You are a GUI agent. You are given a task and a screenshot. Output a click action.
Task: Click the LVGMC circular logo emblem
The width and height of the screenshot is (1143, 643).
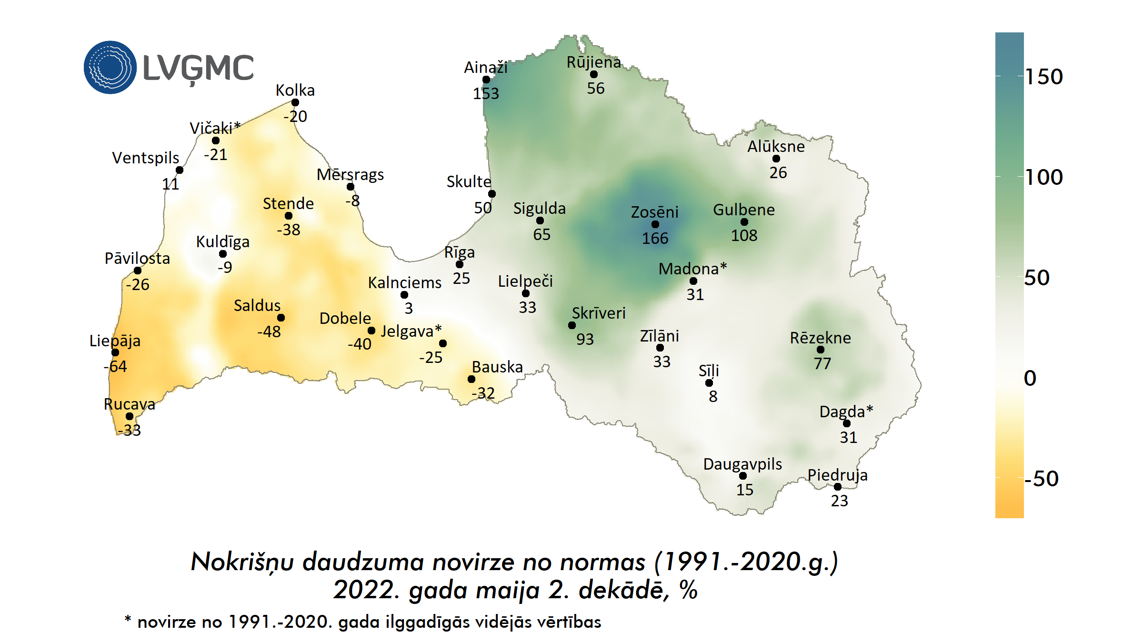pyautogui.click(x=110, y=67)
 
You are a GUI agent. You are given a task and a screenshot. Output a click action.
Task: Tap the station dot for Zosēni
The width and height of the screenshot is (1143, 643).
pyautogui.click(x=655, y=224)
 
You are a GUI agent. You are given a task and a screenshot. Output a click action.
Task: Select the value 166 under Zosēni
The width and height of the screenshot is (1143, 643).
pyautogui.click(x=655, y=238)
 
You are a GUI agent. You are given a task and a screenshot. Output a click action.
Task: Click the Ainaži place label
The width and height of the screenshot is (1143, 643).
pyautogui.click(x=486, y=68)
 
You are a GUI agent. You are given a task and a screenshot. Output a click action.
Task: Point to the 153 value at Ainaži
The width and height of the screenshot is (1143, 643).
pyautogui.click(x=486, y=93)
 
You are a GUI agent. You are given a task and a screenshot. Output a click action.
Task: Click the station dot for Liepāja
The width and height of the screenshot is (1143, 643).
pyautogui.click(x=115, y=352)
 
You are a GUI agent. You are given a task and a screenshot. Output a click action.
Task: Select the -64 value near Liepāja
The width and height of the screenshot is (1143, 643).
pyautogui.click(x=115, y=366)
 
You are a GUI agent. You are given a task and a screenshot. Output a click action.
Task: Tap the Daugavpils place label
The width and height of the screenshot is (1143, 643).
pyautogui.click(x=742, y=464)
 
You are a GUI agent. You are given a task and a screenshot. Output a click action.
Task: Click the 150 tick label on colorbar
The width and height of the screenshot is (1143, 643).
pyautogui.click(x=1043, y=77)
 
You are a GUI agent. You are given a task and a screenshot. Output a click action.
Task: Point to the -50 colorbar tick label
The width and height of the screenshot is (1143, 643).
pyautogui.click(x=1042, y=479)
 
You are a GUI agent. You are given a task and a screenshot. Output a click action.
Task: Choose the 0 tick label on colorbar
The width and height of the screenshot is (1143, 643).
pyautogui.click(x=1030, y=378)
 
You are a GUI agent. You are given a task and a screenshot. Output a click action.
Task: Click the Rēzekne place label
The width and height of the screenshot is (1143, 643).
pyautogui.click(x=820, y=338)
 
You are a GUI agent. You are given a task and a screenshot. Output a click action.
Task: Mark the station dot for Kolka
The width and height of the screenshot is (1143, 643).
pyautogui.click(x=295, y=102)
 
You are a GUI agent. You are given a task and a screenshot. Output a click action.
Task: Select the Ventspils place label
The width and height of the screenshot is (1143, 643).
pyautogui.click(x=146, y=158)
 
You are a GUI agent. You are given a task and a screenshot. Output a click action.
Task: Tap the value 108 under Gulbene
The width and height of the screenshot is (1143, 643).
pyautogui.click(x=744, y=235)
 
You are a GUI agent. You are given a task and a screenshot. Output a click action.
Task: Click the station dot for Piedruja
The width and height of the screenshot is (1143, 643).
pyautogui.click(x=838, y=487)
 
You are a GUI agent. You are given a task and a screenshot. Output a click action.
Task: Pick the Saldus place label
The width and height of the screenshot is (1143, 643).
pyautogui.click(x=257, y=305)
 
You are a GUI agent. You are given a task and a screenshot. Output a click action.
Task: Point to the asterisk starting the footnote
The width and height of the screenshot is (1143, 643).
pyautogui.click(x=128, y=619)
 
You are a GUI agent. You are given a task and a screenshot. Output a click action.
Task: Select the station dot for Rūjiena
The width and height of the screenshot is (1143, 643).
pyautogui.click(x=594, y=74)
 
